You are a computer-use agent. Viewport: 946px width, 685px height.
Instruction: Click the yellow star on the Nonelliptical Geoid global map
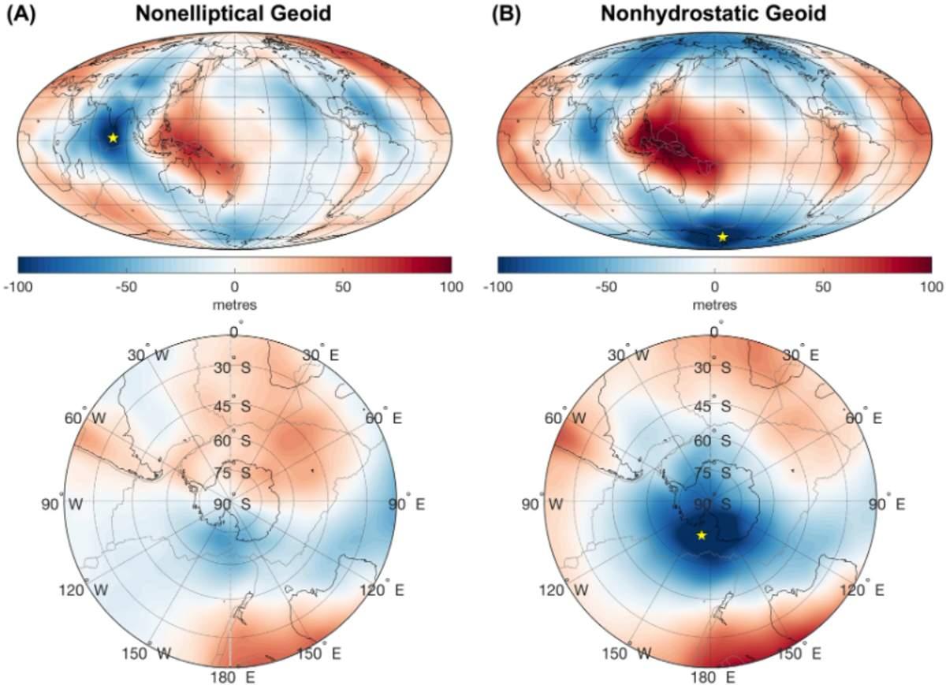113,138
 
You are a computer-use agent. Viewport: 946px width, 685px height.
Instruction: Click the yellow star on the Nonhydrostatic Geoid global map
723,236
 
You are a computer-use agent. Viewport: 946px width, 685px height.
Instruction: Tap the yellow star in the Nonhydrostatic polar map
702,536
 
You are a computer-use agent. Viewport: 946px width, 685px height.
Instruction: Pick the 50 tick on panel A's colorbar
342,287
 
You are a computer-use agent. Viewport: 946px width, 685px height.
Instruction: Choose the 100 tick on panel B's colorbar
931,287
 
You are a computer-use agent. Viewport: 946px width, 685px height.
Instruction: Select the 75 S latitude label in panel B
717,473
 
